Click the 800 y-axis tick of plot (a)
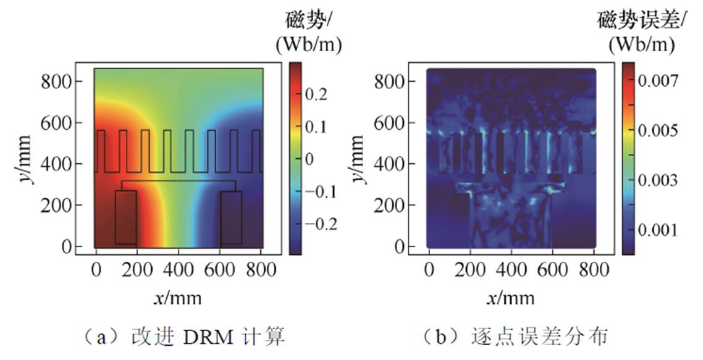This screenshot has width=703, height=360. point(65,82)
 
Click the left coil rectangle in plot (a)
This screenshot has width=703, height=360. point(125,217)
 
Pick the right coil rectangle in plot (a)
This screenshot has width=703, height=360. point(231,217)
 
